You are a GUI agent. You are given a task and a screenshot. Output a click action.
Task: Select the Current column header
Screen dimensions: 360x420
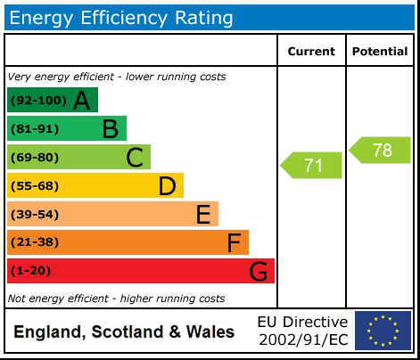[311, 52]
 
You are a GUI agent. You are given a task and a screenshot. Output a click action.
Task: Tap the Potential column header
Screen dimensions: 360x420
[380, 52]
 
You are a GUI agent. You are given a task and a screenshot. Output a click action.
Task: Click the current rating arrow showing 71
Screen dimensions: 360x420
[311, 165]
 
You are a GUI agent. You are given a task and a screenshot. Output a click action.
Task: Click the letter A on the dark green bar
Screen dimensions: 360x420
[82, 101]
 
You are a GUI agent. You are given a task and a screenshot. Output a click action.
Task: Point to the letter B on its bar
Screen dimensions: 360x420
[110, 129]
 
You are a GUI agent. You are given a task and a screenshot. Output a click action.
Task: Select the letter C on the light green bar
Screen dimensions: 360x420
[135, 158]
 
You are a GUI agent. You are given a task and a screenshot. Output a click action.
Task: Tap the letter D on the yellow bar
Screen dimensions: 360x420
[167, 186]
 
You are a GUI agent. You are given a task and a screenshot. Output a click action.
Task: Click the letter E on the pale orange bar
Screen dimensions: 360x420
[203, 214]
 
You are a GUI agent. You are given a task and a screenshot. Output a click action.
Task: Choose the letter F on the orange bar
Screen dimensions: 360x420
[234, 242]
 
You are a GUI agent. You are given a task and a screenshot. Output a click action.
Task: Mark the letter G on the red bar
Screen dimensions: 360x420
[259, 271]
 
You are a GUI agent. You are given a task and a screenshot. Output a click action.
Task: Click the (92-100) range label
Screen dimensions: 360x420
[37, 101]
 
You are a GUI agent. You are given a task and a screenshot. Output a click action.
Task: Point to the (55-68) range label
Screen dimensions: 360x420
[34, 186]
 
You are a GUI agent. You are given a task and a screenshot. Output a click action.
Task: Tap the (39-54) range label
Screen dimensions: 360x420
[34, 214]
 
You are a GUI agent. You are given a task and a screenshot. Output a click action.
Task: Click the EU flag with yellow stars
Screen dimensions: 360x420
[383, 331]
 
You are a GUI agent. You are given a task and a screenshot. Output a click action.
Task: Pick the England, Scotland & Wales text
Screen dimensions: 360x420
[124, 332]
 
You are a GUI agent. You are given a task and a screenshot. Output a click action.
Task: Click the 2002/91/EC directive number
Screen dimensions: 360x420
[303, 340]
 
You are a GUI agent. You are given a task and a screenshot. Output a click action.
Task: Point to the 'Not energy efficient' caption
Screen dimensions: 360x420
[116, 298]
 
